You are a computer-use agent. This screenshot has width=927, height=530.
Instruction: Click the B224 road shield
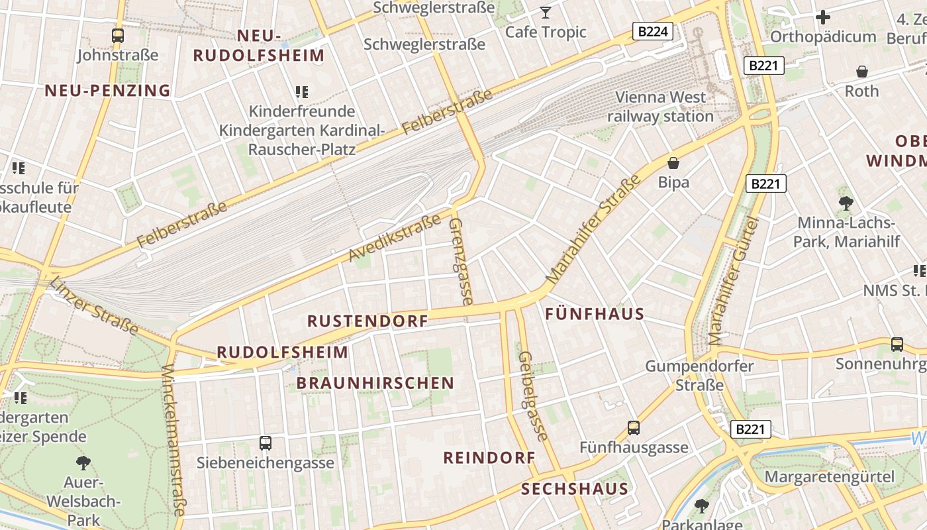652,31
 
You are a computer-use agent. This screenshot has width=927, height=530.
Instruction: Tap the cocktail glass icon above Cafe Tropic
545,13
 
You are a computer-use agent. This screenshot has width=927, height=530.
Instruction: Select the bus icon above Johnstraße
118,36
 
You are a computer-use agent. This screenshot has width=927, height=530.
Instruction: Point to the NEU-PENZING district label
107,91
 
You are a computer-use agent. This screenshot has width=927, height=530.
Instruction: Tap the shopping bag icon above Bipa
673,163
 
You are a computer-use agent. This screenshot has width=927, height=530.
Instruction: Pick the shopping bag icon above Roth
862,72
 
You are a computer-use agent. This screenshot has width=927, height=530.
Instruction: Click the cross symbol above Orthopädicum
823,17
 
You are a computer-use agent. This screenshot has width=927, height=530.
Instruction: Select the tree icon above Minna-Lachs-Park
846,203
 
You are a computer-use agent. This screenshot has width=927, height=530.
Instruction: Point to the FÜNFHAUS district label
595,314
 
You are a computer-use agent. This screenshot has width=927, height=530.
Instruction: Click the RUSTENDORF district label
367,321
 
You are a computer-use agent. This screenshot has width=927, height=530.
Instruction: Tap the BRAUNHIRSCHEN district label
375,383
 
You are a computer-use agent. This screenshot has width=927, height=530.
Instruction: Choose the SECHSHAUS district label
574,490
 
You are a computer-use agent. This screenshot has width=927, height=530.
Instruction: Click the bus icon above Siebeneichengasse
266,443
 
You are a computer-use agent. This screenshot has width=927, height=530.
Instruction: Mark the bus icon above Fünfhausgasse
634,428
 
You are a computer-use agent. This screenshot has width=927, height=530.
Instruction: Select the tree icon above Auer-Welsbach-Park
83,462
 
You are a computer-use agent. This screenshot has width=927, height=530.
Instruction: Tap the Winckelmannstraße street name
173,441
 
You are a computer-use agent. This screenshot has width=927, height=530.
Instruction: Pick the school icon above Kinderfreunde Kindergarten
302,92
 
